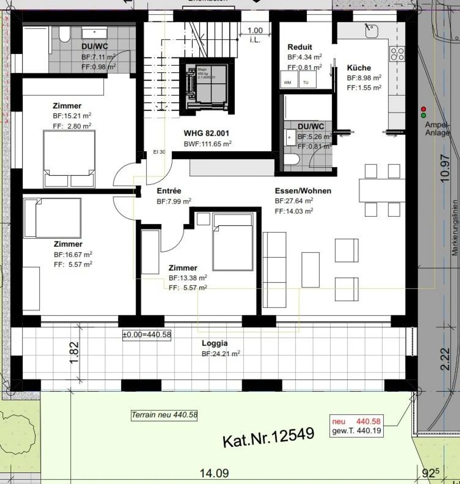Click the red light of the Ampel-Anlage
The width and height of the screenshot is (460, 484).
click(424, 109)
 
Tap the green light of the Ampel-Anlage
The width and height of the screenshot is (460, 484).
click(424, 115)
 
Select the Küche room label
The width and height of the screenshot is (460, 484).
click(359, 68)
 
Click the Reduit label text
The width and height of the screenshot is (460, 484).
click(300, 47)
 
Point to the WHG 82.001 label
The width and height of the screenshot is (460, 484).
click(206, 133)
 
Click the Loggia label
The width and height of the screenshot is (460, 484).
click(215, 343)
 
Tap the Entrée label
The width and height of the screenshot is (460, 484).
click(169, 191)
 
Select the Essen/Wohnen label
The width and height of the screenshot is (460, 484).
click(303, 191)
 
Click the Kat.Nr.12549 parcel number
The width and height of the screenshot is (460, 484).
click(268, 437)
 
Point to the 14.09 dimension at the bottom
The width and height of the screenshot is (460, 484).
click(214, 473)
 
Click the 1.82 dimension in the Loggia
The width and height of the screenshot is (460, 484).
click(74, 353)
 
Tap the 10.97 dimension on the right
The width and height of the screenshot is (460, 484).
click(445, 168)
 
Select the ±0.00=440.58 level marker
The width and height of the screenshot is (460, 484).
click(147, 335)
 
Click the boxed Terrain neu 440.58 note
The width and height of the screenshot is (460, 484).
click(164, 415)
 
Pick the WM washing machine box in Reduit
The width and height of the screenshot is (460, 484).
click(288, 79)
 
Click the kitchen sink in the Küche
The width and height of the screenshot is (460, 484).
click(372, 30)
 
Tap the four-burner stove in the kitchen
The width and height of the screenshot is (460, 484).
click(397, 54)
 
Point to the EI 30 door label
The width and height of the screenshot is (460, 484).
click(159, 152)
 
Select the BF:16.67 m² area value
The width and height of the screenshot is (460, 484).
click(73, 255)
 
